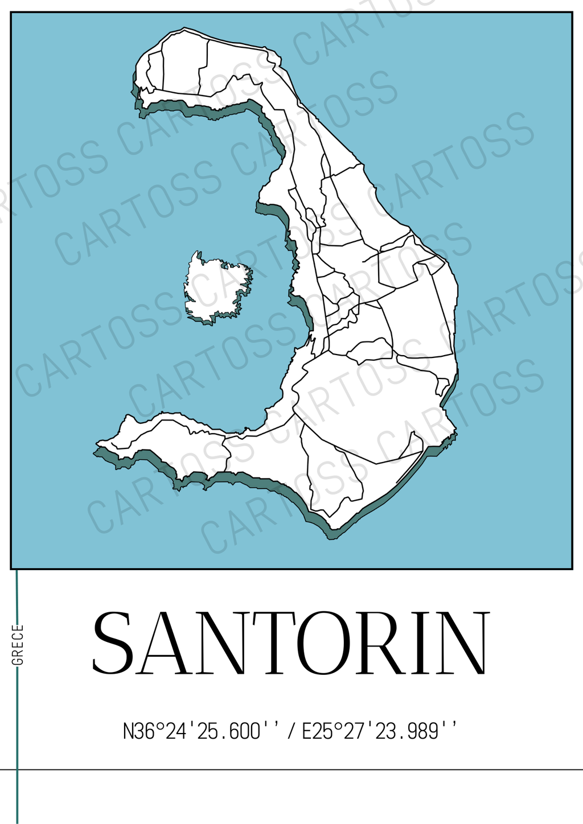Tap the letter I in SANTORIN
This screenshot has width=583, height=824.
pos(422,642)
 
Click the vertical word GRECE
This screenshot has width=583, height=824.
pos(18,645)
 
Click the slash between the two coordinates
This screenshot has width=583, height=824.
pos(291,731)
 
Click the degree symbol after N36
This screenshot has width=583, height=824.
pos(160,726)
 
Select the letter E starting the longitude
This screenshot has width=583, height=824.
pos(307,731)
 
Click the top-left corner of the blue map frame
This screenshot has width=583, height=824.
pos(11,13)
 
